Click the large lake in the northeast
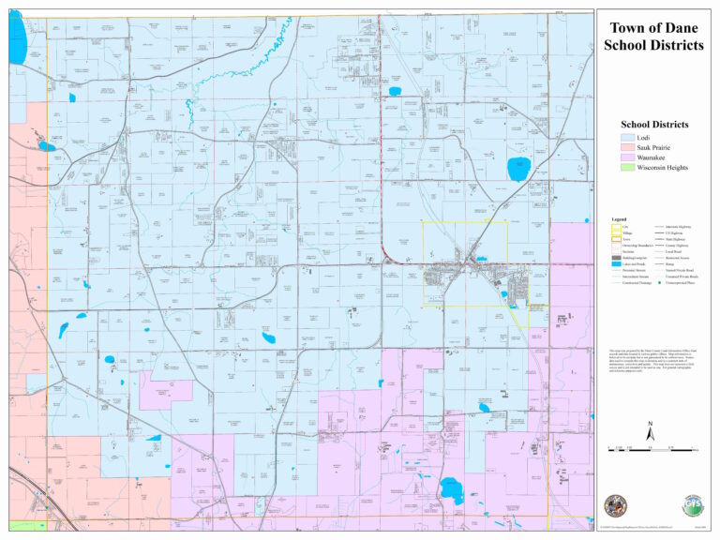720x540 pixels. click(x=517, y=170)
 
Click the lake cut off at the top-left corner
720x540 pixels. click(x=17, y=37)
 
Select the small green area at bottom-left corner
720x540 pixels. click(x=26, y=526)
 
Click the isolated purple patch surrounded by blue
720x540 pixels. click(x=164, y=390)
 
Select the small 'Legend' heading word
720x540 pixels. click(x=619, y=219)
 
